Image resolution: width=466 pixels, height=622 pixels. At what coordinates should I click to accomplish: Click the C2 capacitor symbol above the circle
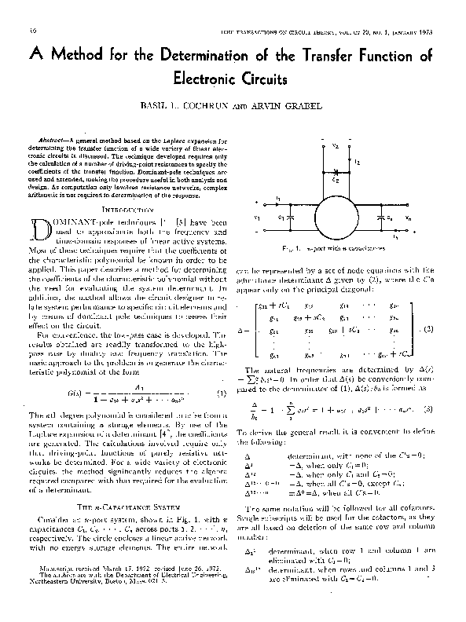(336, 170)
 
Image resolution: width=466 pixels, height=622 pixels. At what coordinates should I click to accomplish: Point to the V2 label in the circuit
(335, 145)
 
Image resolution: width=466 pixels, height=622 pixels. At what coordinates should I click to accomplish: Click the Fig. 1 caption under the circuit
(339, 247)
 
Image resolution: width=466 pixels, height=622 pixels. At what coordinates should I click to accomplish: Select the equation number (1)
(222, 393)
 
